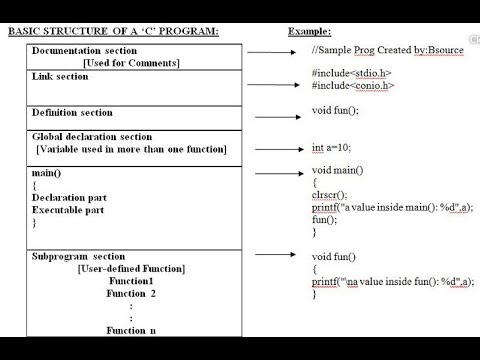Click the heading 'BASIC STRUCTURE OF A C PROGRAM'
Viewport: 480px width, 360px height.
113,32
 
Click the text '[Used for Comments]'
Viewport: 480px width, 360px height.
131,63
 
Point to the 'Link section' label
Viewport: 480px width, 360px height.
60,77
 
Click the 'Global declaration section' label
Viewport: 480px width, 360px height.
92,136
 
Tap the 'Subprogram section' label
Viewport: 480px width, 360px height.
79,256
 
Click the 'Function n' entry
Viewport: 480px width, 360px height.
131,329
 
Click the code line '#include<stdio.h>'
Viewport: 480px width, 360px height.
351,73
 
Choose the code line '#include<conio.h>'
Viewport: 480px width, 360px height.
352,86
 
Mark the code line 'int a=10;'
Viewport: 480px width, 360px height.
331,147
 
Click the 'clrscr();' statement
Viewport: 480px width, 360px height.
329,195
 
